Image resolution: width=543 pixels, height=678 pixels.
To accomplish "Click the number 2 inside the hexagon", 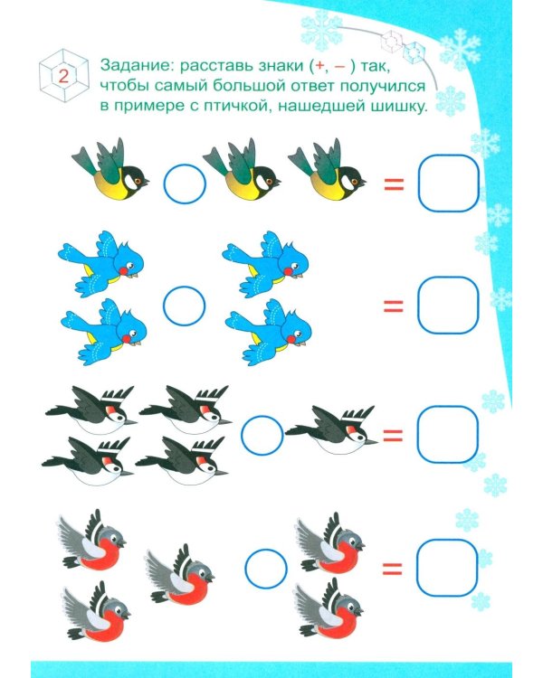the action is (63, 77).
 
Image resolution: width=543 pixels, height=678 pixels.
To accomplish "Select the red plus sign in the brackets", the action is (319, 66).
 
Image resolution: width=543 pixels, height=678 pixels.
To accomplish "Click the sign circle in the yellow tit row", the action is (185, 184).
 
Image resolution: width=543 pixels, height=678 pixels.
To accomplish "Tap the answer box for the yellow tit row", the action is (448, 184).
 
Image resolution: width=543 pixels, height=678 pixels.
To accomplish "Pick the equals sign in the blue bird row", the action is (393, 306).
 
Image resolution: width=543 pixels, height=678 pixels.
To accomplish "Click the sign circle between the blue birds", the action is (184, 306).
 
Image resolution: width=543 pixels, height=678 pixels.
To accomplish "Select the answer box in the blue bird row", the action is (448, 306).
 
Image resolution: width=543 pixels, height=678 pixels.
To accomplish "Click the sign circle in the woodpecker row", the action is (262, 436).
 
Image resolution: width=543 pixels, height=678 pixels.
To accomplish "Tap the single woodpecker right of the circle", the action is (331, 429).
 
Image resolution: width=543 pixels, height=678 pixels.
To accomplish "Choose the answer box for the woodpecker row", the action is (447, 434).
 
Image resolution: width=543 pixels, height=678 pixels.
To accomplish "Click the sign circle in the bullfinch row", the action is (266, 569).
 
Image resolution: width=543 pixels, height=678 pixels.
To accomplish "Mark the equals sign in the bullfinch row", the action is (392, 569).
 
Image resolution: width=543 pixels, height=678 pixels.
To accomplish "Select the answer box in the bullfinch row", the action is (447, 568).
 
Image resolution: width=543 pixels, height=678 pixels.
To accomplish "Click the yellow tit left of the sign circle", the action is (110, 170).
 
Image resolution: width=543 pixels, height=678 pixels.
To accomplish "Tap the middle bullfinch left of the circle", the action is (179, 575).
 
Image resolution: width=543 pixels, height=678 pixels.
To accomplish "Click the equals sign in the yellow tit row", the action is (394, 184).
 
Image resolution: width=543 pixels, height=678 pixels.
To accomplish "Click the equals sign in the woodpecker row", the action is (393, 436).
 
